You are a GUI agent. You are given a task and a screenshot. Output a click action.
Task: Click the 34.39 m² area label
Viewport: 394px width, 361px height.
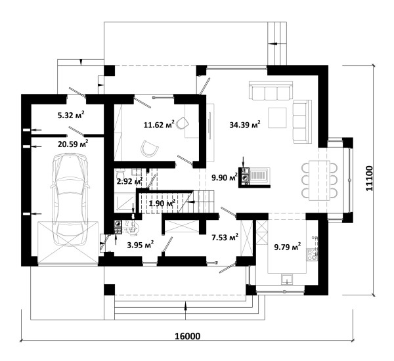[245, 124]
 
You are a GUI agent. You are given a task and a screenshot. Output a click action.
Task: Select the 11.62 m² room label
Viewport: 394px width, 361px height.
[159, 124]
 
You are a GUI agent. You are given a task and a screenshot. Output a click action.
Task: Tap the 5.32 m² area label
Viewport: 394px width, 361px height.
[71, 115]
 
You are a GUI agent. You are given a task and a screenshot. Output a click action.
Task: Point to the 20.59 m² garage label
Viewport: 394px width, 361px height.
[73, 144]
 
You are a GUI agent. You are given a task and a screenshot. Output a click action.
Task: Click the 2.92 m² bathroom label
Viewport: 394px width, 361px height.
[130, 180]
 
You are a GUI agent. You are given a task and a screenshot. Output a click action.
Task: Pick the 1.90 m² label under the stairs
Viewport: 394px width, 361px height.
[162, 203]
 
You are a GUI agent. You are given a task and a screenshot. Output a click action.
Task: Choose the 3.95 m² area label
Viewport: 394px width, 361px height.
[141, 245]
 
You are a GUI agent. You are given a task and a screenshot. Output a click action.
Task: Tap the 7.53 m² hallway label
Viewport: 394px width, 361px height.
[225, 237]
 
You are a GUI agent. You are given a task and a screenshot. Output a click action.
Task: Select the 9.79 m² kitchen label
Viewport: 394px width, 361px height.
[288, 247]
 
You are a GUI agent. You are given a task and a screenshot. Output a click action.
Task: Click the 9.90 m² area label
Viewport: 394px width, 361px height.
[225, 177]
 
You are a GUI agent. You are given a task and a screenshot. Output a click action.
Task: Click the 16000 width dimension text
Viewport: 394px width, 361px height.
[187, 336]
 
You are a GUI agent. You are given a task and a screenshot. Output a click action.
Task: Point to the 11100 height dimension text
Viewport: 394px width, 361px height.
[369, 179]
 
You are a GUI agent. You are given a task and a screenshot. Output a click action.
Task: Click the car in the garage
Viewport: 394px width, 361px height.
[70, 200]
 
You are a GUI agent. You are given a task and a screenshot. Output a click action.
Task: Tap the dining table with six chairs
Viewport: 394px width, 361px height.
[319, 180]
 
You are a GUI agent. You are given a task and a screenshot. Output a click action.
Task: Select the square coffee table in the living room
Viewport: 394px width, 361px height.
[277, 117]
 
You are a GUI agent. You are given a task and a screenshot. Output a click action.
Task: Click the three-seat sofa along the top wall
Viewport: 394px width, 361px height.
[271, 91]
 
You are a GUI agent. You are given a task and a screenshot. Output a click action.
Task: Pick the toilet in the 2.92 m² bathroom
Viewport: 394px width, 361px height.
[120, 173]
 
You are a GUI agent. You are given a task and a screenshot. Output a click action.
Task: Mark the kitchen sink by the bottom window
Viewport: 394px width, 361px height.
[287, 280]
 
